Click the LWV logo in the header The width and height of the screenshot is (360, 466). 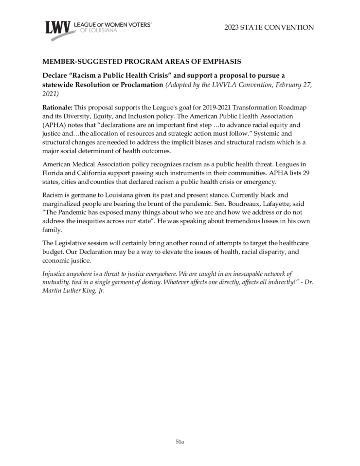57,28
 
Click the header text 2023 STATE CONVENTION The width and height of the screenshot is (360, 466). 269,27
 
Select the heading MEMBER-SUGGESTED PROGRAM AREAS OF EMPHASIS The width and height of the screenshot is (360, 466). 141,62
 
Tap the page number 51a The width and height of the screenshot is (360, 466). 180,441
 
